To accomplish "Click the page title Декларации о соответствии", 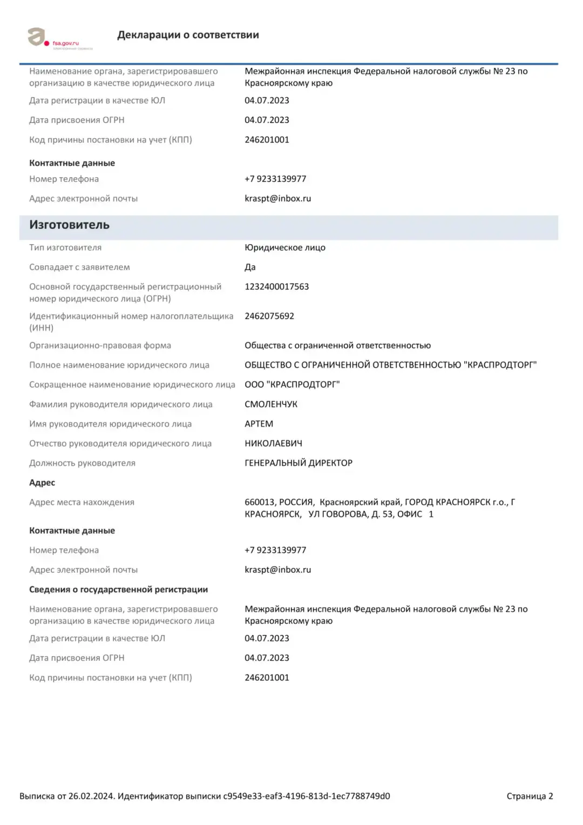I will (188, 35).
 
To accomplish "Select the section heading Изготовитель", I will (69, 225).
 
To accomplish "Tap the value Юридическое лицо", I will (284, 248).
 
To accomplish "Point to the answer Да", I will (250, 267).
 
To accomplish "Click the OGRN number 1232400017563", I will (276, 287).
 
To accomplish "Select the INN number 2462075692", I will (269, 316).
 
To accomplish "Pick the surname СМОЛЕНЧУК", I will (270, 404).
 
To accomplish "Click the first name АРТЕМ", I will (259, 424).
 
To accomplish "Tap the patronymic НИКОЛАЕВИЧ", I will (273, 444).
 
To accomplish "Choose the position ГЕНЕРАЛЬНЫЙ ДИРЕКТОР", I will (298, 463).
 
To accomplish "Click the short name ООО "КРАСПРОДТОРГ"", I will (292, 385).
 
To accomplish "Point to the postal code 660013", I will (259, 502).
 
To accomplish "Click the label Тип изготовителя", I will (65, 248).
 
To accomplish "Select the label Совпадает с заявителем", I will (79, 267).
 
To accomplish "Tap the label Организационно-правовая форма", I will (100, 346).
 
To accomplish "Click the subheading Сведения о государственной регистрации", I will (118, 590).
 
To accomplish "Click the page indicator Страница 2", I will (530, 796).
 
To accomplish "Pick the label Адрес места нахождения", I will (82, 502).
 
